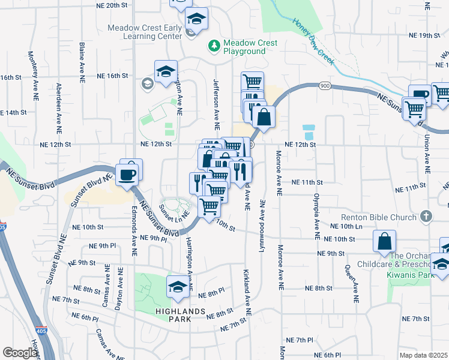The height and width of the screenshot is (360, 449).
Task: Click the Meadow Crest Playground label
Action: [250, 47]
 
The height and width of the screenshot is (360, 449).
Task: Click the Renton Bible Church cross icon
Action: [426, 216]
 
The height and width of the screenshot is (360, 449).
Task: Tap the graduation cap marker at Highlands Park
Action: [177, 287]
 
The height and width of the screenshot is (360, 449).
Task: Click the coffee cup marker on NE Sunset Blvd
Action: [128, 173]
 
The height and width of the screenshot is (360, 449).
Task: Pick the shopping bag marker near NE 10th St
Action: [384, 241]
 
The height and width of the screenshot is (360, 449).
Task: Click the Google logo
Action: [20, 353]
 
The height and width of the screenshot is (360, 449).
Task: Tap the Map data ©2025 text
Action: [424, 355]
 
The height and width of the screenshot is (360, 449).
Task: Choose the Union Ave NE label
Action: [427, 155]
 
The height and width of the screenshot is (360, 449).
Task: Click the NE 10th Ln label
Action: [347, 226]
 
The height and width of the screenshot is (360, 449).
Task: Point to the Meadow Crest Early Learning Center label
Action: [145, 32]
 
